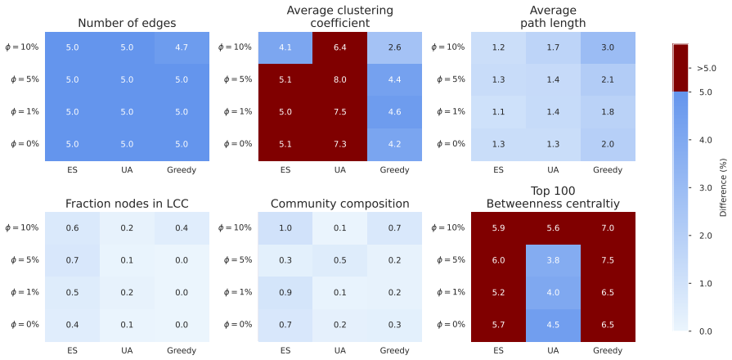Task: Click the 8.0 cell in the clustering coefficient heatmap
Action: pyautogui.click(x=340, y=79)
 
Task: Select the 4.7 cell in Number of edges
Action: pyautogui.click(x=182, y=47)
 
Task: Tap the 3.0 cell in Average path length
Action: pyautogui.click(x=608, y=47)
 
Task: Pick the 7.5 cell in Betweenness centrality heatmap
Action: pyautogui.click(x=608, y=260)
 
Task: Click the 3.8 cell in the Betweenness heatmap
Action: pyautogui.click(x=553, y=260)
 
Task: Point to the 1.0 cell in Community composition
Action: pyautogui.click(x=285, y=227)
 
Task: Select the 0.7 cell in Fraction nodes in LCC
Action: pyautogui.click(x=72, y=260)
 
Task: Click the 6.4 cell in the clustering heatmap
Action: pyautogui.click(x=340, y=47)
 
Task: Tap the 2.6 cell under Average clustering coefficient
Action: pyautogui.click(x=394, y=47)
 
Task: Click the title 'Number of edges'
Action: pyautogui.click(x=127, y=24)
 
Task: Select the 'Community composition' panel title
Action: pyautogui.click(x=340, y=204)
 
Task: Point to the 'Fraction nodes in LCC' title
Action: pyautogui.click(x=127, y=204)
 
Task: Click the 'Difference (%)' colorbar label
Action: pyautogui.click(x=724, y=187)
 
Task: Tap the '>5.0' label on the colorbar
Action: pyautogui.click(x=707, y=68)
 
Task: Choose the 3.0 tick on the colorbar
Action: pyautogui.click(x=703, y=187)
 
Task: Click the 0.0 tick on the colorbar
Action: pyautogui.click(x=703, y=331)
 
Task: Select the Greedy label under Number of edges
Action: pyautogui.click(x=182, y=170)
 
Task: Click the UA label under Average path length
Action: pyautogui.click(x=553, y=170)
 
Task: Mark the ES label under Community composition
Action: pyautogui.click(x=285, y=351)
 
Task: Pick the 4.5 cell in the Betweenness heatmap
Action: pyautogui.click(x=553, y=326)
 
